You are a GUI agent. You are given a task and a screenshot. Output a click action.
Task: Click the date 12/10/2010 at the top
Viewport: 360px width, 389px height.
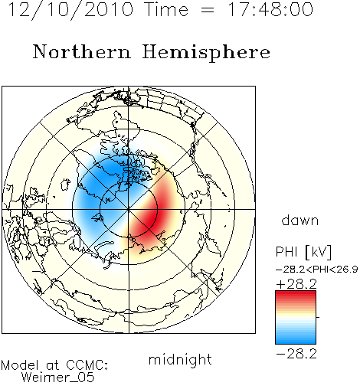[70, 9]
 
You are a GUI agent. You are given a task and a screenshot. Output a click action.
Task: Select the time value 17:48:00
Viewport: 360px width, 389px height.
[270, 9]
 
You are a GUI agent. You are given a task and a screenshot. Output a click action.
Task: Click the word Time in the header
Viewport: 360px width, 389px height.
[166, 9]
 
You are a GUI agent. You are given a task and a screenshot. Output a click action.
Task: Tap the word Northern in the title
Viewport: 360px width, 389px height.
[81, 52]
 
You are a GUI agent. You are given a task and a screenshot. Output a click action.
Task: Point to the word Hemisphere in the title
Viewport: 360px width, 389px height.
[206, 53]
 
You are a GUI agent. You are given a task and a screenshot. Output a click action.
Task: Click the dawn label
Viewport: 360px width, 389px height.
[299, 221]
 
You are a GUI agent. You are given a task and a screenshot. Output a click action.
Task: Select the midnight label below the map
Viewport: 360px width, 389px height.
[180, 359]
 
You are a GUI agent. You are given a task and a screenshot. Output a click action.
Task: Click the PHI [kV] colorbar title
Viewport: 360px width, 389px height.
[303, 252]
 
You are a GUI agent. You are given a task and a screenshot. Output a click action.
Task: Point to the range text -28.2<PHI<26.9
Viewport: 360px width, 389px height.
[316, 270]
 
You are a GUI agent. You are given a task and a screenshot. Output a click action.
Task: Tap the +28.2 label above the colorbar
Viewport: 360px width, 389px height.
[296, 284]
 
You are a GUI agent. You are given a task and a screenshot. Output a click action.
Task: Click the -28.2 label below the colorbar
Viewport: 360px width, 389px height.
[296, 354]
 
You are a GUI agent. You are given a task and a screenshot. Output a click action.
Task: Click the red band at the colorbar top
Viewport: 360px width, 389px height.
[296, 295]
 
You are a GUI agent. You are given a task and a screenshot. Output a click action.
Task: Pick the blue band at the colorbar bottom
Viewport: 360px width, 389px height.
[296, 340]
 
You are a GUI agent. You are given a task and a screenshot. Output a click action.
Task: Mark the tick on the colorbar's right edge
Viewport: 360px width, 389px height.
[318, 317]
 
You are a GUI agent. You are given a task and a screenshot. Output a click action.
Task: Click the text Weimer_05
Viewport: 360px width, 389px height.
[57, 378]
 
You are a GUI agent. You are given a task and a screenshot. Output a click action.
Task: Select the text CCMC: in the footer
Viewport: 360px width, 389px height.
[87, 365]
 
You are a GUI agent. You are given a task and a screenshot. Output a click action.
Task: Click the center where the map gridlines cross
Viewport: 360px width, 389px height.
[129, 209]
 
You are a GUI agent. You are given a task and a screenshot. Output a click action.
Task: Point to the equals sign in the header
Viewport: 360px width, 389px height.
[208, 10]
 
